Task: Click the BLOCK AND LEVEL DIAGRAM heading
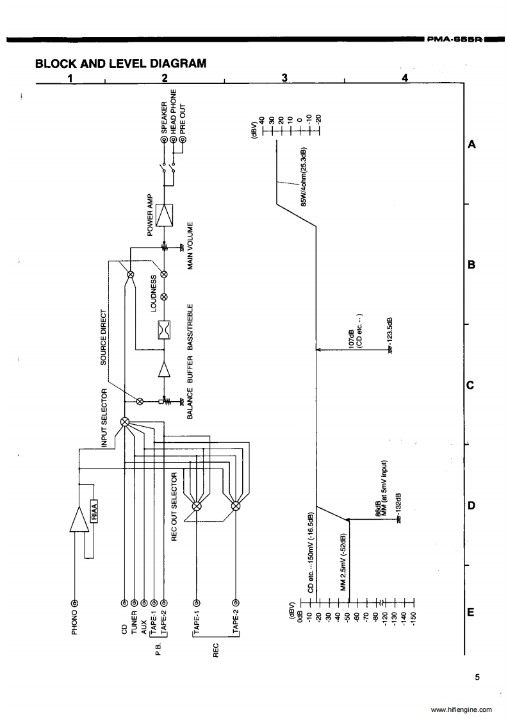click(x=121, y=63)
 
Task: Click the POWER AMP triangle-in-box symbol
click(x=165, y=213)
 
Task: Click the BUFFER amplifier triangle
click(x=165, y=370)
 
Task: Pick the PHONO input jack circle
click(x=74, y=603)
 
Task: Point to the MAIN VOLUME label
click(x=190, y=247)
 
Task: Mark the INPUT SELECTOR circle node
click(x=125, y=422)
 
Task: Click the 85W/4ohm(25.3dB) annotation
click(x=305, y=183)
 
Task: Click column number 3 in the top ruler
click(x=284, y=78)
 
